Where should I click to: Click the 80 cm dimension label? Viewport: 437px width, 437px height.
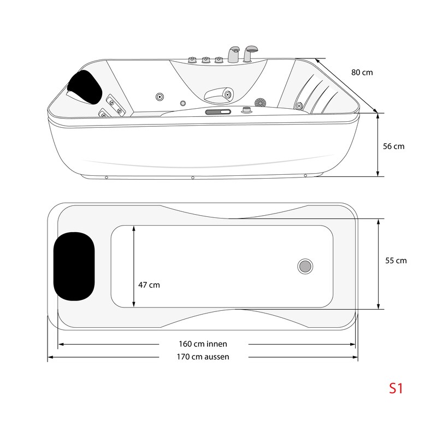(x=362, y=72)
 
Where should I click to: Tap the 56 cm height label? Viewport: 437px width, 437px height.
(x=393, y=146)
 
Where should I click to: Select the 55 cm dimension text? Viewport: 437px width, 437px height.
(x=395, y=261)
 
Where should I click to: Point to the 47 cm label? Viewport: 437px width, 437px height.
(x=149, y=285)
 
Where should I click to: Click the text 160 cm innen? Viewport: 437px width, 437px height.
(x=203, y=344)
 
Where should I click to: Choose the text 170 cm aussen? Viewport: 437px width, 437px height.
(x=203, y=357)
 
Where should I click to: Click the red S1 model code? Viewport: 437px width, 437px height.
(x=395, y=388)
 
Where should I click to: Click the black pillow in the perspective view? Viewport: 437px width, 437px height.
(x=85, y=85)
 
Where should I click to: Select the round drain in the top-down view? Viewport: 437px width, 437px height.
(x=305, y=266)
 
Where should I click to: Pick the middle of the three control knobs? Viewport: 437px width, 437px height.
(x=206, y=61)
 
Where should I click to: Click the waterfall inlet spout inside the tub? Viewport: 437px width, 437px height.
(x=219, y=96)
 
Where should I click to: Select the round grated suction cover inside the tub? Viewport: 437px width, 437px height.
(x=260, y=102)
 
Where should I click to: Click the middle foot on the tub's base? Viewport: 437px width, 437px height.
(x=193, y=178)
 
